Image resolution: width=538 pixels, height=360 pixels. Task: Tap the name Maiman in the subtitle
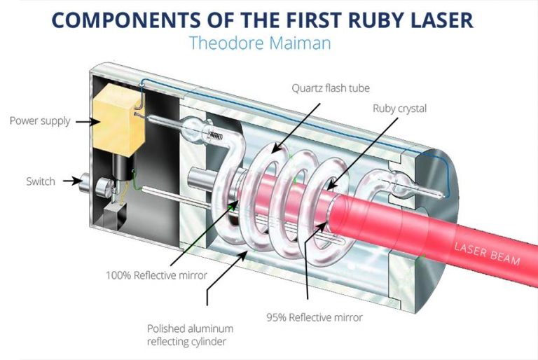click(299, 43)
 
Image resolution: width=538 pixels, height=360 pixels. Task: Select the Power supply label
click(40, 121)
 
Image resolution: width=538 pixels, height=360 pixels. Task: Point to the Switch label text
click(41, 181)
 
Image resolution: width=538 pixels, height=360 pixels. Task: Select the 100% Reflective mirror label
click(156, 275)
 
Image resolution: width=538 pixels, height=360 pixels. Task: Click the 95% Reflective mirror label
click(314, 317)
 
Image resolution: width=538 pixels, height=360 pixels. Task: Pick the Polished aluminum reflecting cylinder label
click(190, 334)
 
